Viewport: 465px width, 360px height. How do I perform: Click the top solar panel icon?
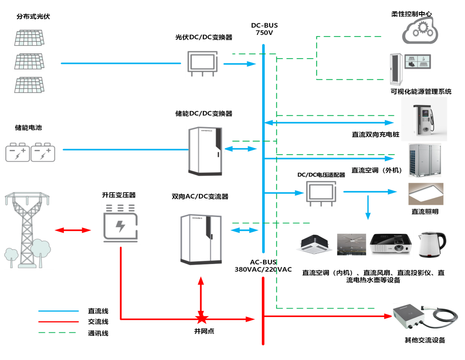29,38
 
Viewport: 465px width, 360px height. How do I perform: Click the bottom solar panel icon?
29,85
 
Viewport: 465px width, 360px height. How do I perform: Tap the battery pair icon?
30,152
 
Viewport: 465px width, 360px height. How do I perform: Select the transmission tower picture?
29,230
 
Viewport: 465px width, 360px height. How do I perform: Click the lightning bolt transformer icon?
121,223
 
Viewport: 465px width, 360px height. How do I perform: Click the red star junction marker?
201,319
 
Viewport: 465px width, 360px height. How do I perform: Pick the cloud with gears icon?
420,30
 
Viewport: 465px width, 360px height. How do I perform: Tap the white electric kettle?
431,245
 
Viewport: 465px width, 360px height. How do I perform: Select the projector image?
391,244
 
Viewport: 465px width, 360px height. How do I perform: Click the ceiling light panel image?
426,194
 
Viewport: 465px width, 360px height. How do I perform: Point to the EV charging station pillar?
424,119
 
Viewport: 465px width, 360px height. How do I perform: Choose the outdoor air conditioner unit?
425,160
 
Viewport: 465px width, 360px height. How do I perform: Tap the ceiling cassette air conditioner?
314,245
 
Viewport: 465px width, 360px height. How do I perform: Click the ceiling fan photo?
351,245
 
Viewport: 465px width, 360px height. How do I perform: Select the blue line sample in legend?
59,311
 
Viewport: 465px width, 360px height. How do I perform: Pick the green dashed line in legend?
57,332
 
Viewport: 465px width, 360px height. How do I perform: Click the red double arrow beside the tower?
73,230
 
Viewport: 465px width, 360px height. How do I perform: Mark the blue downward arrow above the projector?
368,208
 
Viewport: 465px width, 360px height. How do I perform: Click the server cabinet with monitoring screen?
411,69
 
